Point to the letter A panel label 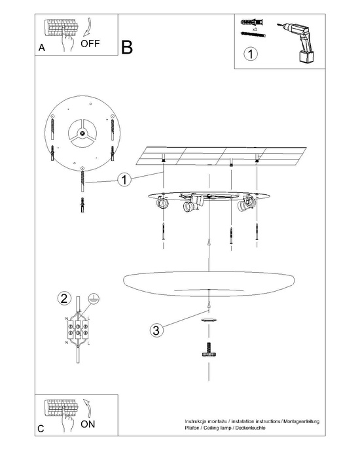tap(42, 48)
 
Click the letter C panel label tap(41, 428)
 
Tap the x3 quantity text tap(253, 29)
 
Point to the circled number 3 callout tap(155, 330)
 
